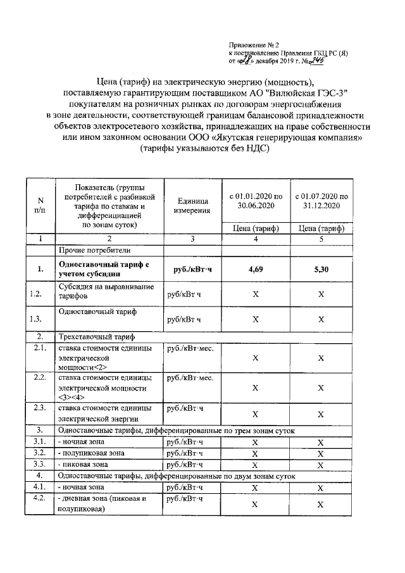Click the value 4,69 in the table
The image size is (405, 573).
coord(255,269)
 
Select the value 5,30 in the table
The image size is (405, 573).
coord(321,269)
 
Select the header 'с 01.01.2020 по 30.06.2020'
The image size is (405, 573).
coord(256,201)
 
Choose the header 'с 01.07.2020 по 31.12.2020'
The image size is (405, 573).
coord(321,201)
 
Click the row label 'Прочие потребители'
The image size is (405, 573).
coord(85,250)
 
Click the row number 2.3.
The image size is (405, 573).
coord(39,408)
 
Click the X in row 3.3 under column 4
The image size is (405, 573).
coord(255,463)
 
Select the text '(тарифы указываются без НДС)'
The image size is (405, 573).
coord(205,149)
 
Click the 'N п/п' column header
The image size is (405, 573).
coord(39,205)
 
